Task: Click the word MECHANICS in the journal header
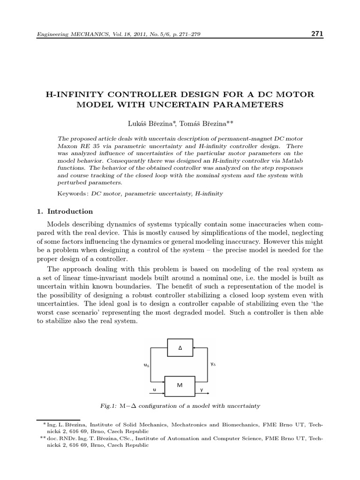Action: [x=85, y=35]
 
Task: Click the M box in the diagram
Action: [x=180, y=385]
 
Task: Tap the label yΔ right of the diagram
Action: [x=213, y=364]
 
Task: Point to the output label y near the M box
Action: [x=202, y=389]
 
